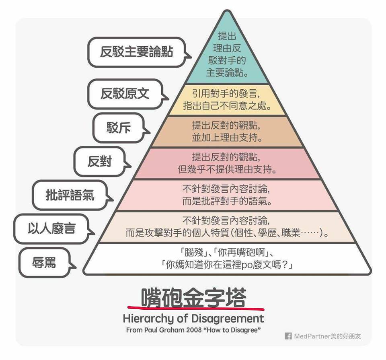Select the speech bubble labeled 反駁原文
point(125,94)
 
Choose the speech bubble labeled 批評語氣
point(70,195)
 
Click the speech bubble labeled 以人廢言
point(51,229)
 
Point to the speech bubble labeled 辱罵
point(44,263)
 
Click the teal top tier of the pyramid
point(227,56)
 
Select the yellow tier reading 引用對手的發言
point(227,100)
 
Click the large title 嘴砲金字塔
point(193,297)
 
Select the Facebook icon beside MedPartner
point(288,336)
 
